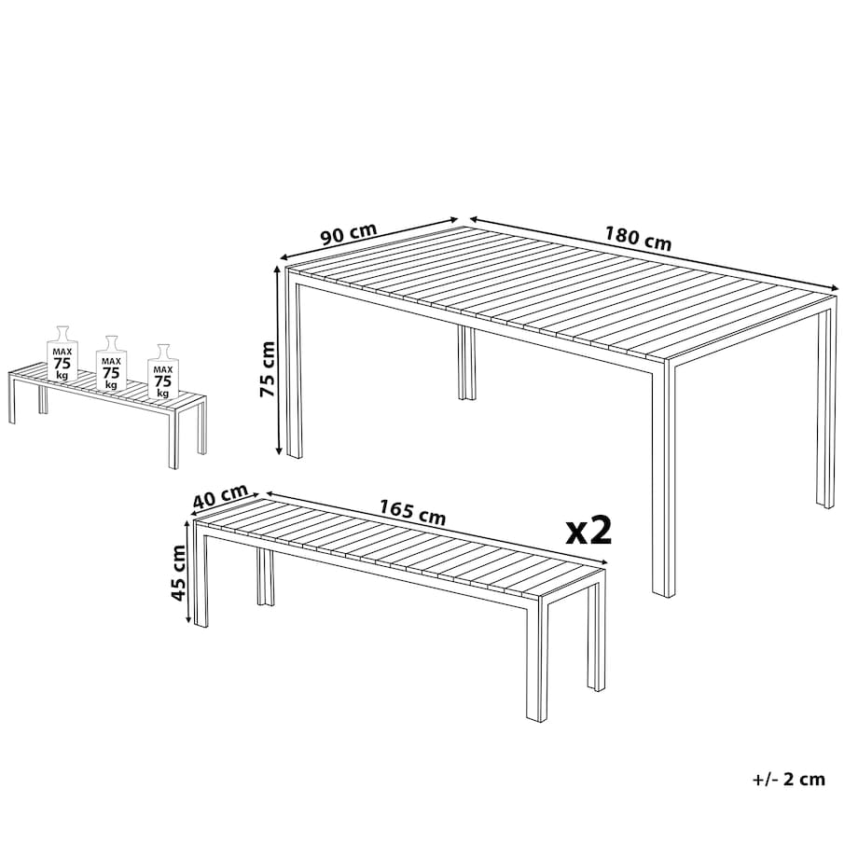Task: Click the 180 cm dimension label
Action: pyautogui.click(x=638, y=238)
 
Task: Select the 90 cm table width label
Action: pyautogui.click(x=349, y=234)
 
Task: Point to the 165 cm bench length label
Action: pyautogui.click(x=413, y=513)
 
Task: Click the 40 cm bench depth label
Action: pyautogui.click(x=220, y=496)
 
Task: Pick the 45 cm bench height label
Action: pyautogui.click(x=178, y=573)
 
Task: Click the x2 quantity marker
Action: pyautogui.click(x=588, y=531)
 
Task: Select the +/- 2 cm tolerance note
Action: pyautogui.click(x=789, y=779)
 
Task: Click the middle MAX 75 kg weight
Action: pyautogui.click(x=111, y=363)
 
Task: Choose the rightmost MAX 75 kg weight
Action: pyautogui.click(x=162, y=371)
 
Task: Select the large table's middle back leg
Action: pyautogui.click(x=466, y=363)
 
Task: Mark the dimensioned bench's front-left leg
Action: pyautogui.click(x=201, y=581)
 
